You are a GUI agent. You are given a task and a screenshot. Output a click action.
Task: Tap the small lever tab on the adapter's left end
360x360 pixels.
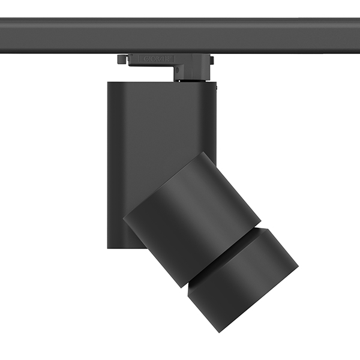tap(122, 59)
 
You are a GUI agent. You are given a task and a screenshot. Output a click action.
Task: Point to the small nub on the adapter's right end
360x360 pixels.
tap(212, 60)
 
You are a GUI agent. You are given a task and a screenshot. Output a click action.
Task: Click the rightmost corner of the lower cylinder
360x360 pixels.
tap(298, 264)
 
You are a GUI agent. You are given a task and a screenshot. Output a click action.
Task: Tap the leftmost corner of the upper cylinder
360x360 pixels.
tap(124, 219)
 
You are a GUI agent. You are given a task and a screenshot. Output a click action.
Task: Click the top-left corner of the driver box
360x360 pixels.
tap(109, 83)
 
